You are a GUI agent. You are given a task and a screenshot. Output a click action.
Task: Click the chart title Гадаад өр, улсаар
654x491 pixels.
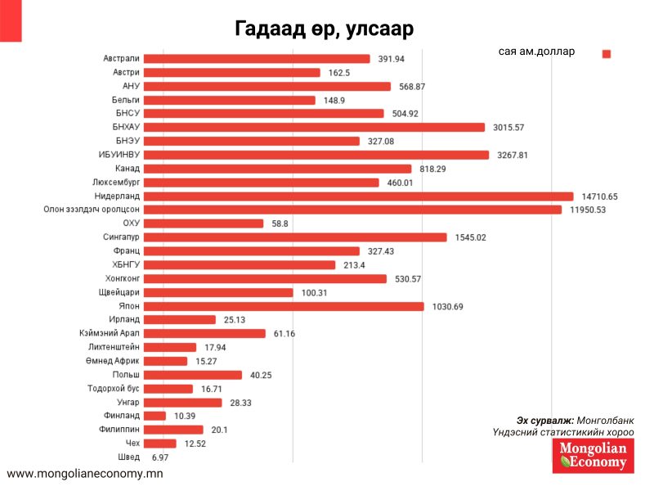point(325,29)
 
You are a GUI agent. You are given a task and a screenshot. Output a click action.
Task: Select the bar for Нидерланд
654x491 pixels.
point(368,196)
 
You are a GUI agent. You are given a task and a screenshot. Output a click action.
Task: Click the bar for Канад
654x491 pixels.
point(286,169)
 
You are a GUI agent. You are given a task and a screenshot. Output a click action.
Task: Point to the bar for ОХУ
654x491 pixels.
point(213,223)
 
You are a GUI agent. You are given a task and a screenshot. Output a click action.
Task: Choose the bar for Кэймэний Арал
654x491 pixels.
point(214,333)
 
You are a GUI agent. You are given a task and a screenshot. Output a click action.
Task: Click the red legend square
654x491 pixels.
point(607,54)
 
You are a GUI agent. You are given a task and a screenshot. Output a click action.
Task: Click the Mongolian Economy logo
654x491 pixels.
point(593,456)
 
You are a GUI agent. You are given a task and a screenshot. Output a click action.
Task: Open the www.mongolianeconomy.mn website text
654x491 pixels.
point(85,474)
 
